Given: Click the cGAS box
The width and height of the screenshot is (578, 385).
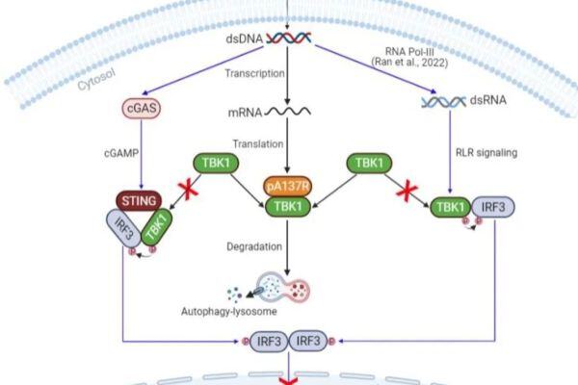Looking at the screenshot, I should coord(140,110).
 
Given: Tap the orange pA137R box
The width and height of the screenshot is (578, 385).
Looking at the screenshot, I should coord(287,185).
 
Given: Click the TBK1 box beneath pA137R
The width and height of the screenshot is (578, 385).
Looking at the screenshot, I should coord(287,207).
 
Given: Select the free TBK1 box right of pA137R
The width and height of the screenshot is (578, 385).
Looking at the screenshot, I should coord(367,164).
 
